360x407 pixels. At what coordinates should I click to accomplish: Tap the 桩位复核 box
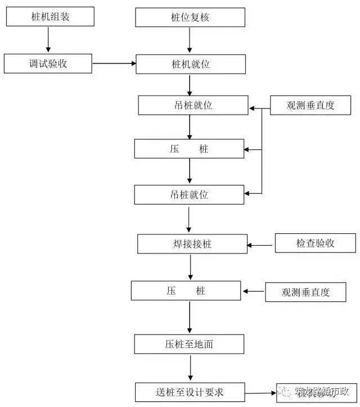(x=190, y=17)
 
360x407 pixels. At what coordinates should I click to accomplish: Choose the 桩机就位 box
(x=190, y=64)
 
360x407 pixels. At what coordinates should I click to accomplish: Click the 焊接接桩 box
(x=192, y=244)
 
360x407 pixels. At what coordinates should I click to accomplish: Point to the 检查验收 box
(x=315, y=243)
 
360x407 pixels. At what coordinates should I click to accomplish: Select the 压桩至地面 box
(x=190, y=344)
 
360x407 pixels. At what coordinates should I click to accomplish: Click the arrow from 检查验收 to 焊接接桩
(x=262, y=245)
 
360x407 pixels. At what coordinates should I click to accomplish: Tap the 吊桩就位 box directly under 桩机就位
(x=192, y=105)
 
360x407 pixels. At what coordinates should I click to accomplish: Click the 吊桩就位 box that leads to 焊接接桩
(x=190, y=195)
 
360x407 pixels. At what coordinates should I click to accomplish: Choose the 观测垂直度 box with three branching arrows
(x=310, y=105)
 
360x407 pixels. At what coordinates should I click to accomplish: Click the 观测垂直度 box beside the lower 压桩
(x=305, y=292)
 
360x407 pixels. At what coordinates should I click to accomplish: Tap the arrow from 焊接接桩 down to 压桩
(x=191, y=267)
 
